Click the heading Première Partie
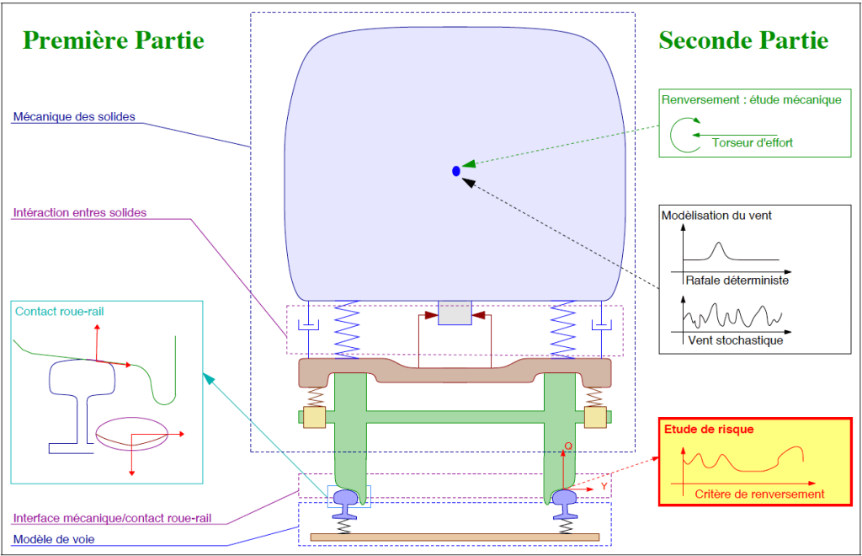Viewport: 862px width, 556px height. coord(114,40)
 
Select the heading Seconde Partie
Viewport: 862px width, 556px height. coord(743,40)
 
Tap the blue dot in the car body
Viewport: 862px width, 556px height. coord(456,171)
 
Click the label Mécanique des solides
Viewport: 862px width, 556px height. coord(74,116)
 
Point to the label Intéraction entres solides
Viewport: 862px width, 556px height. coord(80,213)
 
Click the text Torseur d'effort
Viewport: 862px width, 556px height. coord(752,143)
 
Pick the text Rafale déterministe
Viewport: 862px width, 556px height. coord(737,281)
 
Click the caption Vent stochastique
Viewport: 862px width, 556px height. coord(735,341)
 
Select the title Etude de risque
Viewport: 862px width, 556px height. coord(709,430)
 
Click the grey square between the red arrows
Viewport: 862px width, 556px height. coord(455,313)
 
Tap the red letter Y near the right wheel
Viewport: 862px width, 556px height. coord(604,487)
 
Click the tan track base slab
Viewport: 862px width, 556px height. coord(455,537)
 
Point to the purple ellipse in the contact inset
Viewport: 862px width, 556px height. coord(131,432)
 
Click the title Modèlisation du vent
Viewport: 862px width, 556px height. coord(716,216)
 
